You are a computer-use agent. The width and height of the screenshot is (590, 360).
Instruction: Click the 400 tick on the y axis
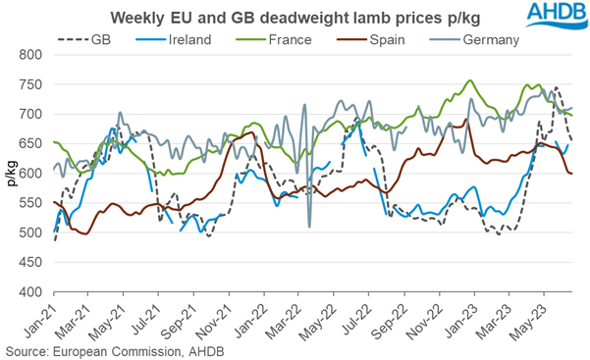click(32, 292)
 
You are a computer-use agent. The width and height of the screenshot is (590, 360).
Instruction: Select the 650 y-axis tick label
click(32, 144)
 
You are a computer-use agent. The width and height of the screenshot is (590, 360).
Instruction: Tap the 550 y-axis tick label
click(32, 204)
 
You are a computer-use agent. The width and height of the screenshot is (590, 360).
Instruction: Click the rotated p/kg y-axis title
click(11, 174)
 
